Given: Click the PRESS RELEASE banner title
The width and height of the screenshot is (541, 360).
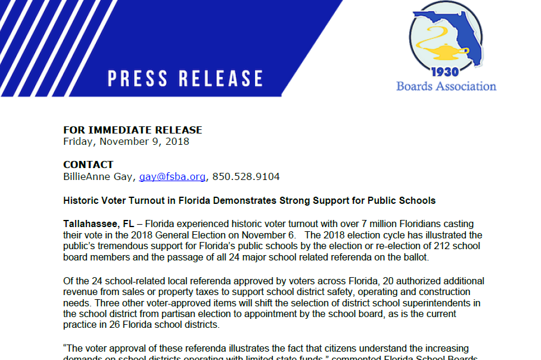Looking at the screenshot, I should pos(185,79).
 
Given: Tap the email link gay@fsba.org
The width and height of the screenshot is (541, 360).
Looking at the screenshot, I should pos(172,177).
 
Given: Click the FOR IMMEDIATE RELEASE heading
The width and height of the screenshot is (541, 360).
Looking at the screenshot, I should pos(132,130).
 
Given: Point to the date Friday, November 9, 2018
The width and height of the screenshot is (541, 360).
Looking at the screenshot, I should pos(126,142).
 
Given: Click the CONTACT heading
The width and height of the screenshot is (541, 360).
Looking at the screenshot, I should pos(88,165).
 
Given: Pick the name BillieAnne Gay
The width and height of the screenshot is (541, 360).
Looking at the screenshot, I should pos(98,177).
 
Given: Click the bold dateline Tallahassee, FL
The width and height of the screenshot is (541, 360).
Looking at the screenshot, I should pos(98,224).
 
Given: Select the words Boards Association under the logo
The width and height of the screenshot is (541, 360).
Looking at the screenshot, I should pos(446,86).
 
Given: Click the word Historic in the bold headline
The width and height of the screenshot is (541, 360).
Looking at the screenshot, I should pos(81,201).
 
